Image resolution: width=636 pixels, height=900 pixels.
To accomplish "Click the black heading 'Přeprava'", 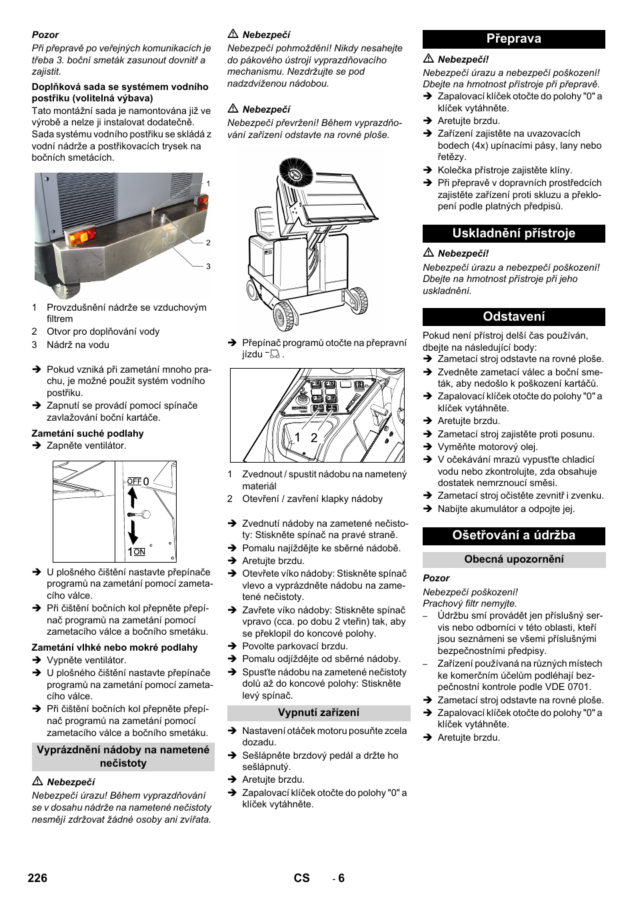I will pyautogui.click(x=513, y=39).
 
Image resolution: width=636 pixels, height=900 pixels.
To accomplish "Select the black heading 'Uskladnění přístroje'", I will pyautogui.click(x=513, y=233).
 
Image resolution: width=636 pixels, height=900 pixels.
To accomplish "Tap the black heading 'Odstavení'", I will pyautogui.click(x=513, y=317).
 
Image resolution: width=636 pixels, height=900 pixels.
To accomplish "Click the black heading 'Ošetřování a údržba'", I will pyautogui.click(x=513, y=535).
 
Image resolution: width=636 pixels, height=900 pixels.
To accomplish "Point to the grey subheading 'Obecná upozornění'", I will pyautogui.click(x=513, y=559).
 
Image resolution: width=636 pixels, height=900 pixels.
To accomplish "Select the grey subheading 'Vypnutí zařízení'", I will pyautogui.click(x=319, y=713).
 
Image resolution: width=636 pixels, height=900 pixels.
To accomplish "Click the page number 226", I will pyautogui.click(x=37, y=878).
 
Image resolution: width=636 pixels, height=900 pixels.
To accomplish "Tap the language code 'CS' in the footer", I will pyautogui.click(x=301, y=878).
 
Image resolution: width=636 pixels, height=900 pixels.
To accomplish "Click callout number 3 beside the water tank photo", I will pyautogui.click(x=208, y=266).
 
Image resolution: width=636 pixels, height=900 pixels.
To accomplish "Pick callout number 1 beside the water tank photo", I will pyautogui.click(x=208, y=183).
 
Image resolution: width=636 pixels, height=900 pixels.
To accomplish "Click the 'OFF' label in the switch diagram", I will pyautogui.click(x=134, y=481).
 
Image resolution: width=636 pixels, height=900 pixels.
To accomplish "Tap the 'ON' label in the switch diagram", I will pyautogui.click(x=139, y=552).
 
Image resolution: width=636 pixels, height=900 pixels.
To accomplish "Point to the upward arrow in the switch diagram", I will pyautogui.click(x=132, y=497).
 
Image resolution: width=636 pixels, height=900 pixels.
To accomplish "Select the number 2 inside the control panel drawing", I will pyautogui.click(x=314, y=438).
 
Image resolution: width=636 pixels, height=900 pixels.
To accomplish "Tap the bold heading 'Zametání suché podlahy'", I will pyautogui.click(x=87, y=433).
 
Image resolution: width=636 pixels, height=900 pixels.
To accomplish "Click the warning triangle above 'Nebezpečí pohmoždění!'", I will pyautogui.click(x=233, y=34).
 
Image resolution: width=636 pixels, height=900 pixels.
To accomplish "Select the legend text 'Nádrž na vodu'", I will pyautogui.click(x=77, y=345).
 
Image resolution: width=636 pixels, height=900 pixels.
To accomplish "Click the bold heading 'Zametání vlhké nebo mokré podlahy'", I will pyautogui.click(x=115, y=647).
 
